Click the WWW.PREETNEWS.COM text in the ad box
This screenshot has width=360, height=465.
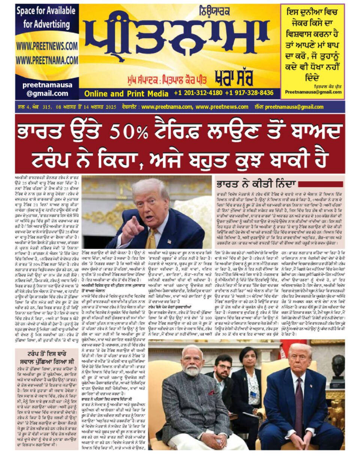[47, 46]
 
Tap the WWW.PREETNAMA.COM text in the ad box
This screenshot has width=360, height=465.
[47, 60]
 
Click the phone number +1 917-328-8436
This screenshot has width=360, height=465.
[249, 93]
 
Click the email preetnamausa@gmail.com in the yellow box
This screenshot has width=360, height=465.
[313, 92]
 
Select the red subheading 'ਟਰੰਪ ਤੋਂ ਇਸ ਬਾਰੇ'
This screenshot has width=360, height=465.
[47, 354]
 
